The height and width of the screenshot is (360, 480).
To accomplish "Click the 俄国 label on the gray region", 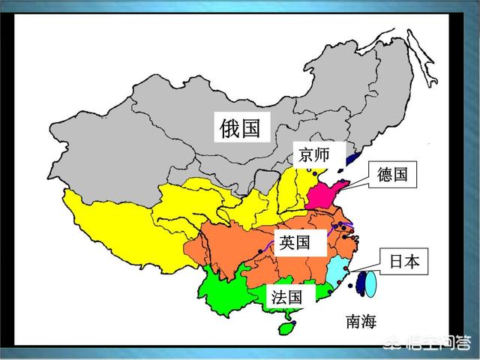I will point(241,127).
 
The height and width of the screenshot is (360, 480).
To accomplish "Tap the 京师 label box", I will point(312,156).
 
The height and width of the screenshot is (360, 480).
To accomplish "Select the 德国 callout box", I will point(393,175).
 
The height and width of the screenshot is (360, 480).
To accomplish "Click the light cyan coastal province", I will point(339,274).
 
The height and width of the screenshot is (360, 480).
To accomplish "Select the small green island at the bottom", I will point(285,328).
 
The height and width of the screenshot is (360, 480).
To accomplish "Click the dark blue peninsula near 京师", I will point(352,158).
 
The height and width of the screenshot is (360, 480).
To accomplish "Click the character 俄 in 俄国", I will point(230,127).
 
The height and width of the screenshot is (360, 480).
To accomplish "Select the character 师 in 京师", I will point(321,156).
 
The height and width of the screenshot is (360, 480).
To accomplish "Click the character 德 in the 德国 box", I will point(385,175).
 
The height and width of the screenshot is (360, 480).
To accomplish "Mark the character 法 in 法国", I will point(279,297).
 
